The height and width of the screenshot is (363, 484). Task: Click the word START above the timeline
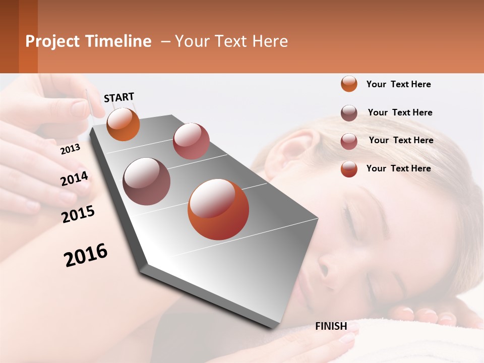coord(119,97)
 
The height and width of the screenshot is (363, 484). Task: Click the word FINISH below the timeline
coord(331,326)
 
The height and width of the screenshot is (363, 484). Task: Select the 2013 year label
coord(70,149)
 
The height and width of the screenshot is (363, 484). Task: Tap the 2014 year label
coord(74,179)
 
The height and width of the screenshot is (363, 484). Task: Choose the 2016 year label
coord(86,255)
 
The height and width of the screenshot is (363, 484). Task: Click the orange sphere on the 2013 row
coord(123,124)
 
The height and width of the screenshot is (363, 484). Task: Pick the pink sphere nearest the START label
coord(191,141)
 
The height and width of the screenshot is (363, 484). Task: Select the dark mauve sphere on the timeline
coord(146,181)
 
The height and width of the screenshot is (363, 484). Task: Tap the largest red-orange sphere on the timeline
coord(218,209)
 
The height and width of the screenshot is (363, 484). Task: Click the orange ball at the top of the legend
coord(349,84)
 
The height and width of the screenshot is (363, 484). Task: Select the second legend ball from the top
coord(349,113)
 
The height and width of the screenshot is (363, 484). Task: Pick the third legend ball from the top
coord(349,141)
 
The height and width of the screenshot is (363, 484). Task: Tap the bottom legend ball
coord(349,169)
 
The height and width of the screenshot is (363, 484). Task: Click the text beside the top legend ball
coord(398,84)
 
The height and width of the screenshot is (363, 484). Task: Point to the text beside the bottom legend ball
coord(398,168)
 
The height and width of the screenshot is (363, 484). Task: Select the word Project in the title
coord(52,41)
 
